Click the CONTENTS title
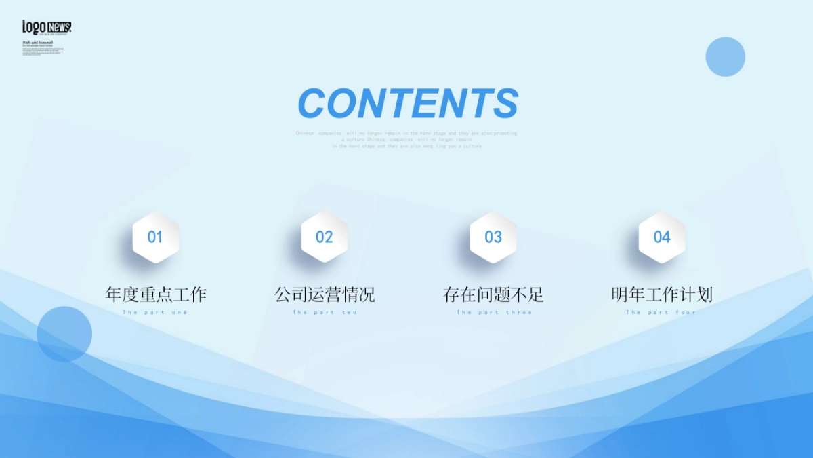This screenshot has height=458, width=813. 408,103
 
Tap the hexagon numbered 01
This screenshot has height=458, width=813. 155,237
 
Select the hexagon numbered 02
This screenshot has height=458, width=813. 325,237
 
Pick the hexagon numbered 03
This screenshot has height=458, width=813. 493,237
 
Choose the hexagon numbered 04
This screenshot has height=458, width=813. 662,237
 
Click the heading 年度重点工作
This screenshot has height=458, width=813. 156,294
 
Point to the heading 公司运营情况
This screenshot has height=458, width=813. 325,294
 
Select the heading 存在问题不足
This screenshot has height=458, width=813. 493,294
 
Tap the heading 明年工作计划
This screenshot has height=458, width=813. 662,294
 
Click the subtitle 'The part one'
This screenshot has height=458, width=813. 155,313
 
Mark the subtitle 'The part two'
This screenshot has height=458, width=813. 325,313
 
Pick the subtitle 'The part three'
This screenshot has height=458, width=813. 494,313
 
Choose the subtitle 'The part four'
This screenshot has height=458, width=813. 661,313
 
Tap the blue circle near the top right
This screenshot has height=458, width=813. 725,57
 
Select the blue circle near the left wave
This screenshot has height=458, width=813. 64,334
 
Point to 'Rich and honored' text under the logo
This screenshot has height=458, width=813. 37,42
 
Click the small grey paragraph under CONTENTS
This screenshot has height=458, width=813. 406,140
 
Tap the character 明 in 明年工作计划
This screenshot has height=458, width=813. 620,294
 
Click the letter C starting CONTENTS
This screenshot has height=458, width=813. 312,104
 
